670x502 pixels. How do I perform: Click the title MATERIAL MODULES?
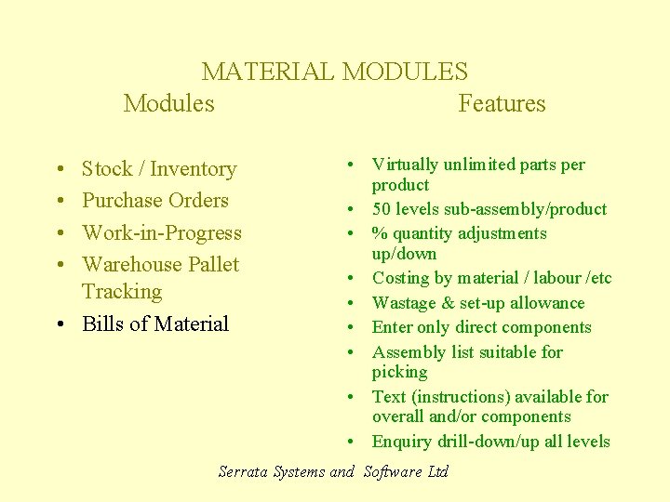(335, 72)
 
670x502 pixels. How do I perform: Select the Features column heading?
(502, 103)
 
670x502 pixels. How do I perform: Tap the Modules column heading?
(168, 103)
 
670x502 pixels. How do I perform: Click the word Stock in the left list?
(107, 169)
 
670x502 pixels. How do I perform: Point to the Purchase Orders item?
(154, 201)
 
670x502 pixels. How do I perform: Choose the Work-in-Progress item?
(161, 232)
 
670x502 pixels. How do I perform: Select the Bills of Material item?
(154, 324)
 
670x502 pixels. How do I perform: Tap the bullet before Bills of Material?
(59, 324)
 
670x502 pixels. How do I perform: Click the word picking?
(399, 373)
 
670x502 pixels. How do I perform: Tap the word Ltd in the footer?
(438, 471)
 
